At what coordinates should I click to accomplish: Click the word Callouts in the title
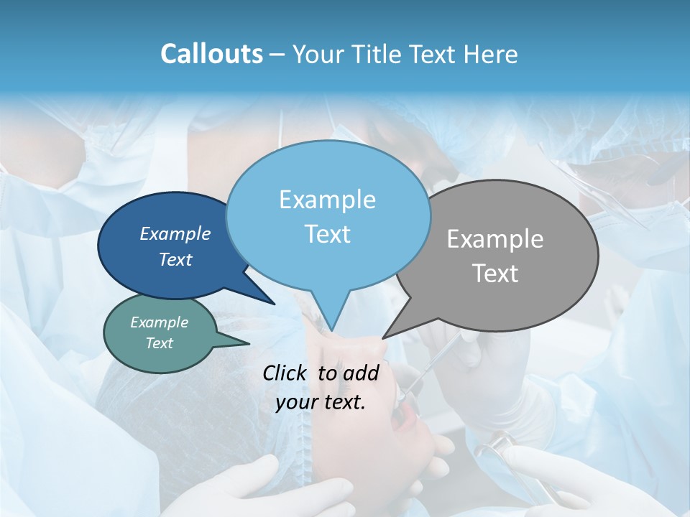pyautogui.click(x=211, y=54)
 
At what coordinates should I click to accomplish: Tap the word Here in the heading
pyautogui.click(x=489, y=54)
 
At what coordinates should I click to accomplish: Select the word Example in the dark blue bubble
pyautogui.click(x=175, y=233)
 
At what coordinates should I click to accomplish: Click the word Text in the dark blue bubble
pyautogui.click(x=175, y=259)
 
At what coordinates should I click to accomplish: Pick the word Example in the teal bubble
pyautogui.click(x=160, y=322)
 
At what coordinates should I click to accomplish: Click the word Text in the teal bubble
pyautogui.click(x=160, y=343)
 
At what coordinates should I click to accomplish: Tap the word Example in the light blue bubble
pyautogui.click(x=327, y=200)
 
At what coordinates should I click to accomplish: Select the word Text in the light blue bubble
pyautogui.click(x=327, y=234)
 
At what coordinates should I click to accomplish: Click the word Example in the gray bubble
pyautogui.click(x=495, y=239)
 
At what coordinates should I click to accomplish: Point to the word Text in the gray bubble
pyautogui.click(x=495, y=274)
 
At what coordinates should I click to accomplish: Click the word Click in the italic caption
pyautogui.click(x=287, y=373)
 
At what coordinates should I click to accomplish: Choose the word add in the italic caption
pyautogui.click(x=361, y=373)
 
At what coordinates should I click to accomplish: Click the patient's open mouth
pyautogui.click(x=405, y=412)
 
